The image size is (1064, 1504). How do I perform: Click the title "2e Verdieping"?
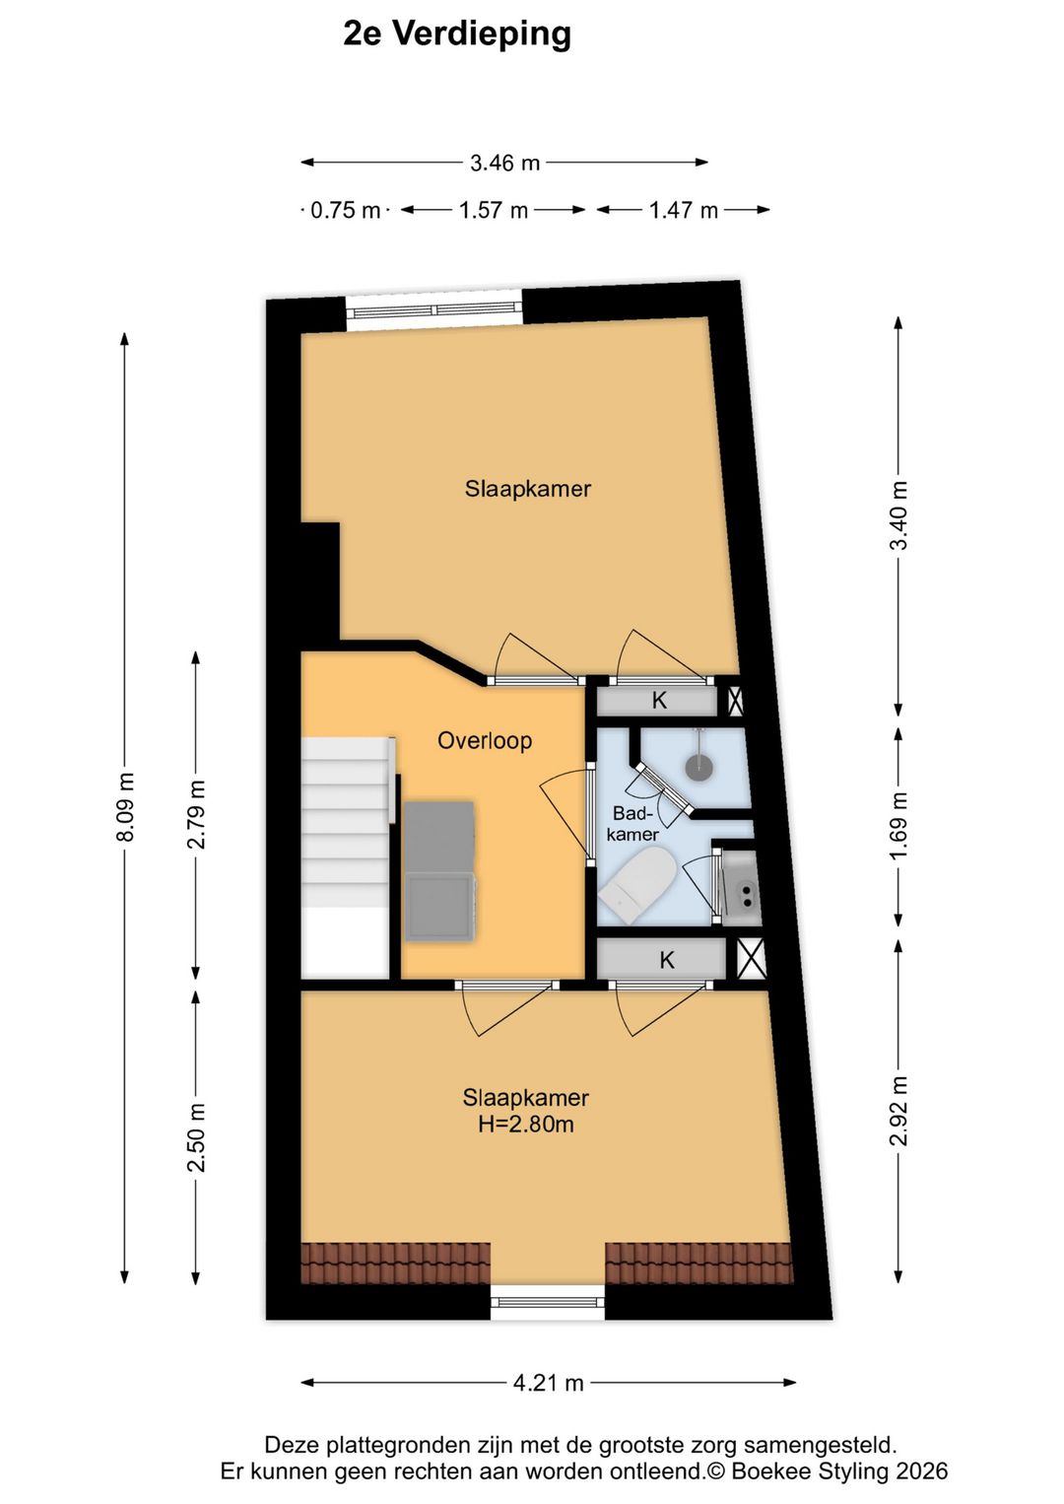tap(457, 34)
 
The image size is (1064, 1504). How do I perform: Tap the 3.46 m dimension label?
tap(504, 163)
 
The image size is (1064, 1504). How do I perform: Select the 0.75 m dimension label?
tap(345, 210)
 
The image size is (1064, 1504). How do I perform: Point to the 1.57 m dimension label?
tap(493, 210)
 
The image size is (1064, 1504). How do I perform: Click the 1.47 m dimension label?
tap(683, 210)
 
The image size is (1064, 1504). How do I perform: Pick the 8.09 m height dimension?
tap(125, 806)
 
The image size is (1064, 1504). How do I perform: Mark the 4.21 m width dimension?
tap(549, 1383)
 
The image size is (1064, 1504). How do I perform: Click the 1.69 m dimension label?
tap(898, 825)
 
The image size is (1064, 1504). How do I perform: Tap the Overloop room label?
tap(485, 740)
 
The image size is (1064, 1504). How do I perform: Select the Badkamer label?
tap(632, 824)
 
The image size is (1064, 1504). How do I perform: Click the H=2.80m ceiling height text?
tap(526, 1124)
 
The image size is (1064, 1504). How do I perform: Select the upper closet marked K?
tap(657, 701)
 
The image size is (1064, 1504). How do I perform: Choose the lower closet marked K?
tap(661, 960)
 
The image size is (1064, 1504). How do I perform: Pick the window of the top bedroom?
tap(434, 310)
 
